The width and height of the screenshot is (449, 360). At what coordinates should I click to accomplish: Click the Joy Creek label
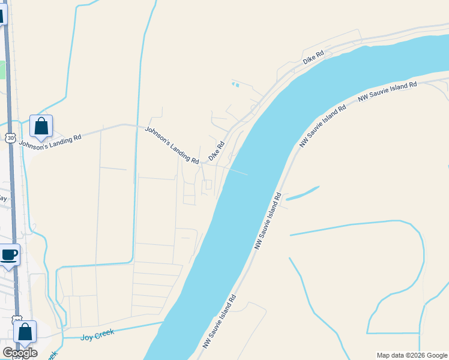click(x=97, y=333)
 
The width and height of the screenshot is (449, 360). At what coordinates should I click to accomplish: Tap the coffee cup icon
click(x=10, y=254)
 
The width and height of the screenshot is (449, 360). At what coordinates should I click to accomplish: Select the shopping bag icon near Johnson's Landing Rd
click(x=41, y=126)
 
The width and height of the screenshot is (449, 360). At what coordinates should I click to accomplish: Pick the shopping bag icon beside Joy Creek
click(x=25, y=331)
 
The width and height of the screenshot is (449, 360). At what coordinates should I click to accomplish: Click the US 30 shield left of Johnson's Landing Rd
click(x=10, y=137)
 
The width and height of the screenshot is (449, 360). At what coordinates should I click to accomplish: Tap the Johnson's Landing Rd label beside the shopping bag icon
click(x=50, y=140)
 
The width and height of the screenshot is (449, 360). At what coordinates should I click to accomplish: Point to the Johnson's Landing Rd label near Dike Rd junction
click(x=172, y=145)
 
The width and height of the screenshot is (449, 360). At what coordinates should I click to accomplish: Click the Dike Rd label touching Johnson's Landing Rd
click(x=216, y=151)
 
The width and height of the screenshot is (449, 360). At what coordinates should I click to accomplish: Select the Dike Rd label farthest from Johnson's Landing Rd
click(x=313, y=57)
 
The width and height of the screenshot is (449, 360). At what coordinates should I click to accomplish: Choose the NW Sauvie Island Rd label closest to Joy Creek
click(x=220, y=322)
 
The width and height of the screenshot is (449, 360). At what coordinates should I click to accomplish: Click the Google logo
click(x=20, y=352)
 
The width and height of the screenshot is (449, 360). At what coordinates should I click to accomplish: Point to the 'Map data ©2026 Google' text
click(x=411, y=355)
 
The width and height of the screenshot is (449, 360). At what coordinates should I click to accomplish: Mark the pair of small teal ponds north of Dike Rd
click(x=235, y=85)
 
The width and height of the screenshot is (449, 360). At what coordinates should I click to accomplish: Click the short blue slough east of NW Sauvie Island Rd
click(x=302, y=194)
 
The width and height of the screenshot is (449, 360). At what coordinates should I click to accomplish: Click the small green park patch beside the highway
click(x=2, y=70)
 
